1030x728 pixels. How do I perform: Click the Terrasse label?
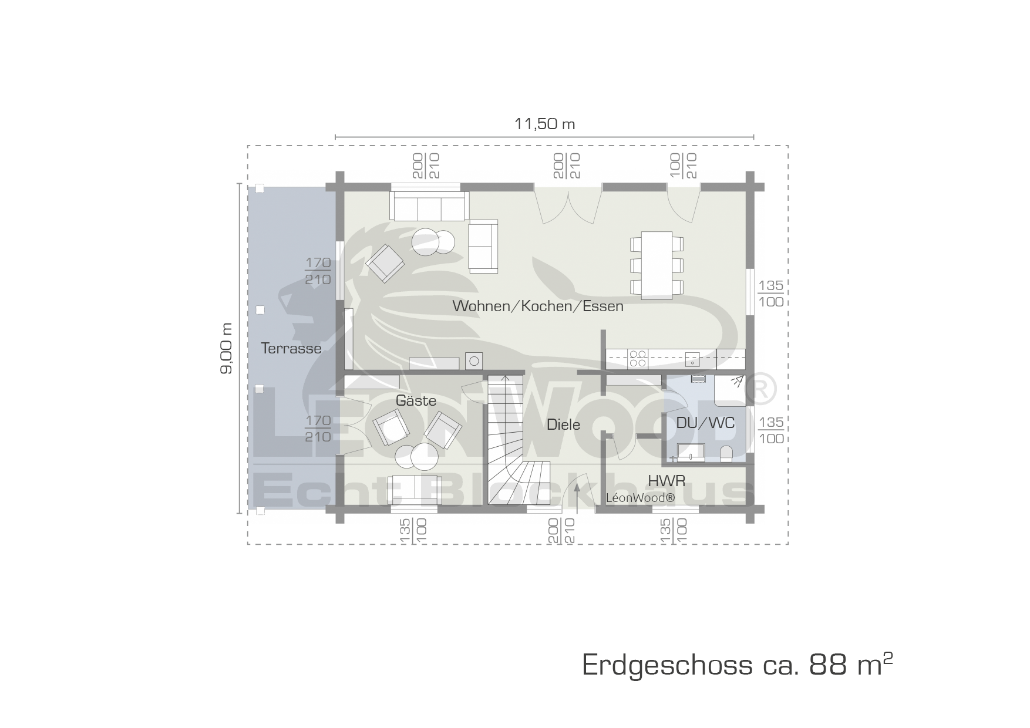291,348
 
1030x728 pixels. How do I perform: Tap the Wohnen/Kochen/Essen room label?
538,306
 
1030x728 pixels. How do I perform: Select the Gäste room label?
416,400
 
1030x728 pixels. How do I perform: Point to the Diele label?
563,424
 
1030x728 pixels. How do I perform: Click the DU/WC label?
705,423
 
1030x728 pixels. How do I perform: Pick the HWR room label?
667,481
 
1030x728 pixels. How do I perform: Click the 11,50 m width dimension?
544,124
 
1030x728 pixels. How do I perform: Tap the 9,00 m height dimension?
227,348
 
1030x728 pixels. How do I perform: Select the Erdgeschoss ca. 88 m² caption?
738,665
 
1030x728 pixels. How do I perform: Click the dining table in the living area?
657,265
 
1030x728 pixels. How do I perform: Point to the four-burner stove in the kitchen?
638,358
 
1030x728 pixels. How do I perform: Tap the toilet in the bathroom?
726,454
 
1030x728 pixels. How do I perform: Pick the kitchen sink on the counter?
693,359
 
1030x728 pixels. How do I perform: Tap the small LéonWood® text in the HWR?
641,498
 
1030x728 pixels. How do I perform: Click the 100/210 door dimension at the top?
682,166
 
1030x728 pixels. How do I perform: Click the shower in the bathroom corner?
730,390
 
